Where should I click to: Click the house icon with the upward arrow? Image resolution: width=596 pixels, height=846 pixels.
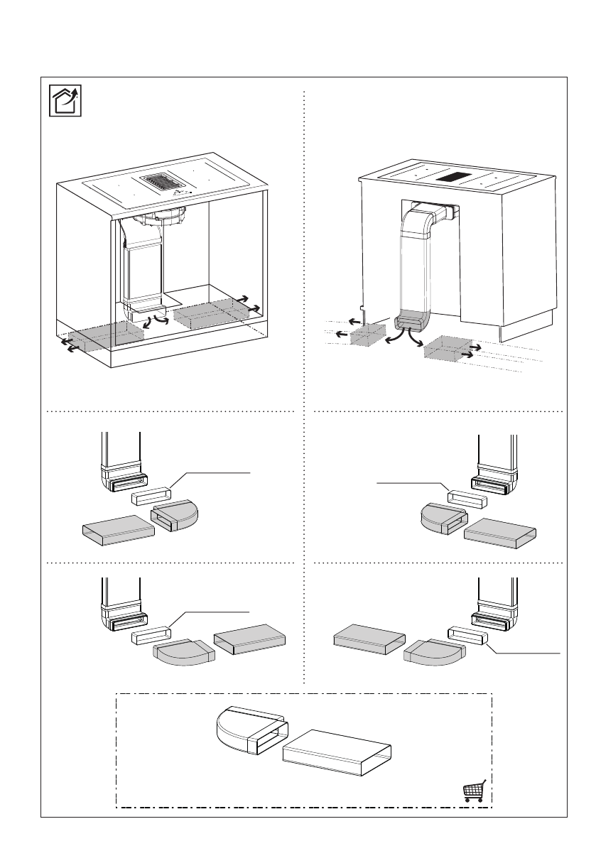click(x=65, y=100)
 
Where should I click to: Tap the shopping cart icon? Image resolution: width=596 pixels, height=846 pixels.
click(x=474, y=791)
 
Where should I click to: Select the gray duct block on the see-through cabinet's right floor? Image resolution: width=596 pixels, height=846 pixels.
click(x=209, y=312)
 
